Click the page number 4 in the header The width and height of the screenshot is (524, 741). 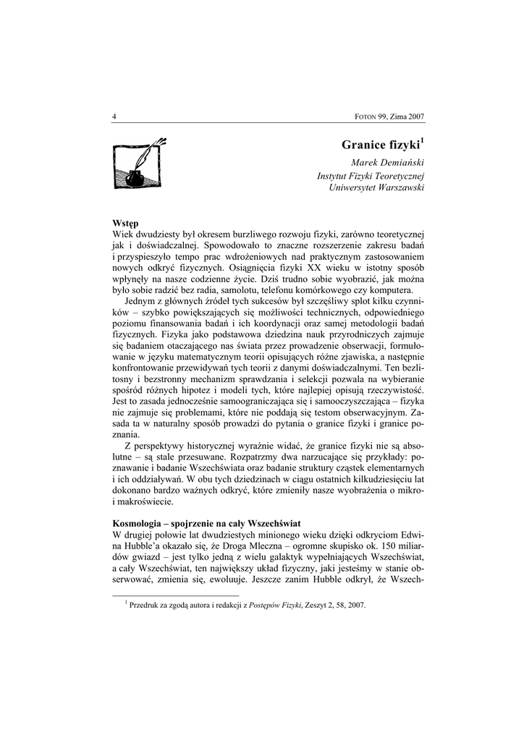115,117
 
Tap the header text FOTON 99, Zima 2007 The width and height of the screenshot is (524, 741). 389,117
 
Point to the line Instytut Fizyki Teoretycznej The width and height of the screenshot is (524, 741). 370,176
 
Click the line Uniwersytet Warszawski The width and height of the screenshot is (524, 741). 376,188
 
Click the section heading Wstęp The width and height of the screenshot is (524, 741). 126,224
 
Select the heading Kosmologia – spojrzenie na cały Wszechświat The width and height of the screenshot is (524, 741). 206,522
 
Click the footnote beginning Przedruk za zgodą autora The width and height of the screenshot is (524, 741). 246,606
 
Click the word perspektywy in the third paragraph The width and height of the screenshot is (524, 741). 168,447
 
